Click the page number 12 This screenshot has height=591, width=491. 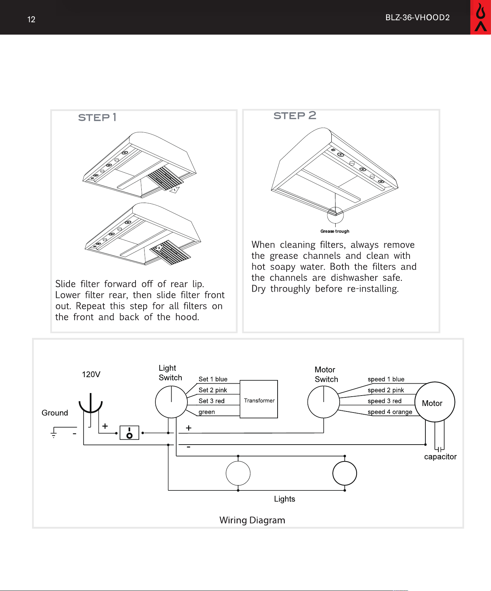pyautogui.click(x=31, y=19)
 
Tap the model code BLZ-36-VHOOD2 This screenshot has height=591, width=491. pyautogui.click(x=417, y=18)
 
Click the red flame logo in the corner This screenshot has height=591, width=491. pyautogui.click(x=481, y=17)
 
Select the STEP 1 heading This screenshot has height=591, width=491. pyautogui.click(x=97, y=118)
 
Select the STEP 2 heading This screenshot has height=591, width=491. pyautogui.click(x=295, y=115)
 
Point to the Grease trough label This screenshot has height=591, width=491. pyautogui.click(x=335, y=231)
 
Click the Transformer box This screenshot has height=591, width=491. pyautogui.click(x=259, y=399)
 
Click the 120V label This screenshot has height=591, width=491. pyautogui.click(x=91, y=374)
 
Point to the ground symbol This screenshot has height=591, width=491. pyautogui.click(x=54, y=432)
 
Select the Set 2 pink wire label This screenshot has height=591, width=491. pyautogui.click(x=213, y=390)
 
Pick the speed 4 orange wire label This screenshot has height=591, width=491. pyautogui.click(x=390, y=412)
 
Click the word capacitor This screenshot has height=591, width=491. pyautogui.click(x=440, y=457)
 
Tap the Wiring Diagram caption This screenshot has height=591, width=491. pyautogui.click(x=252, y=520)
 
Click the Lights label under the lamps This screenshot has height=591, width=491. pyautogui.click(x=284, y=499)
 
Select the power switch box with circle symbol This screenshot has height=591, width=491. pyautogui.click(x=129, y=433)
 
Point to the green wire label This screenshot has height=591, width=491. pyautogui.click(x=207, y=412)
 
